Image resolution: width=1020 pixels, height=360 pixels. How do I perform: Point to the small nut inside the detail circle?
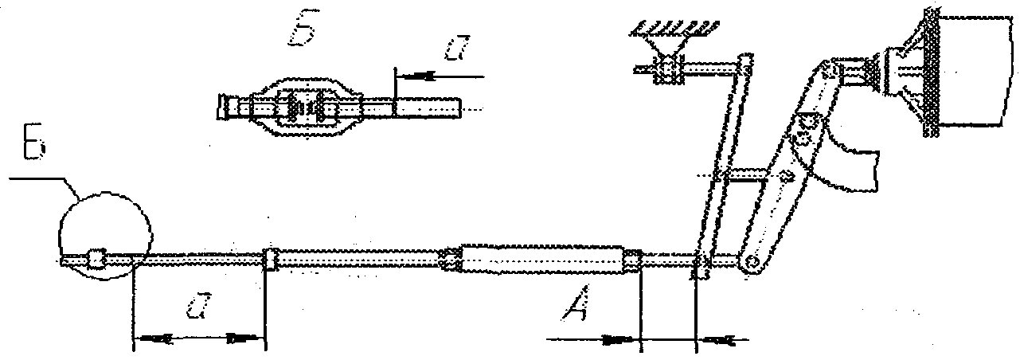coord(96,259)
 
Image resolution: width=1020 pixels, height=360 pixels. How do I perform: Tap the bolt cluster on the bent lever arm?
coord(807,127)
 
